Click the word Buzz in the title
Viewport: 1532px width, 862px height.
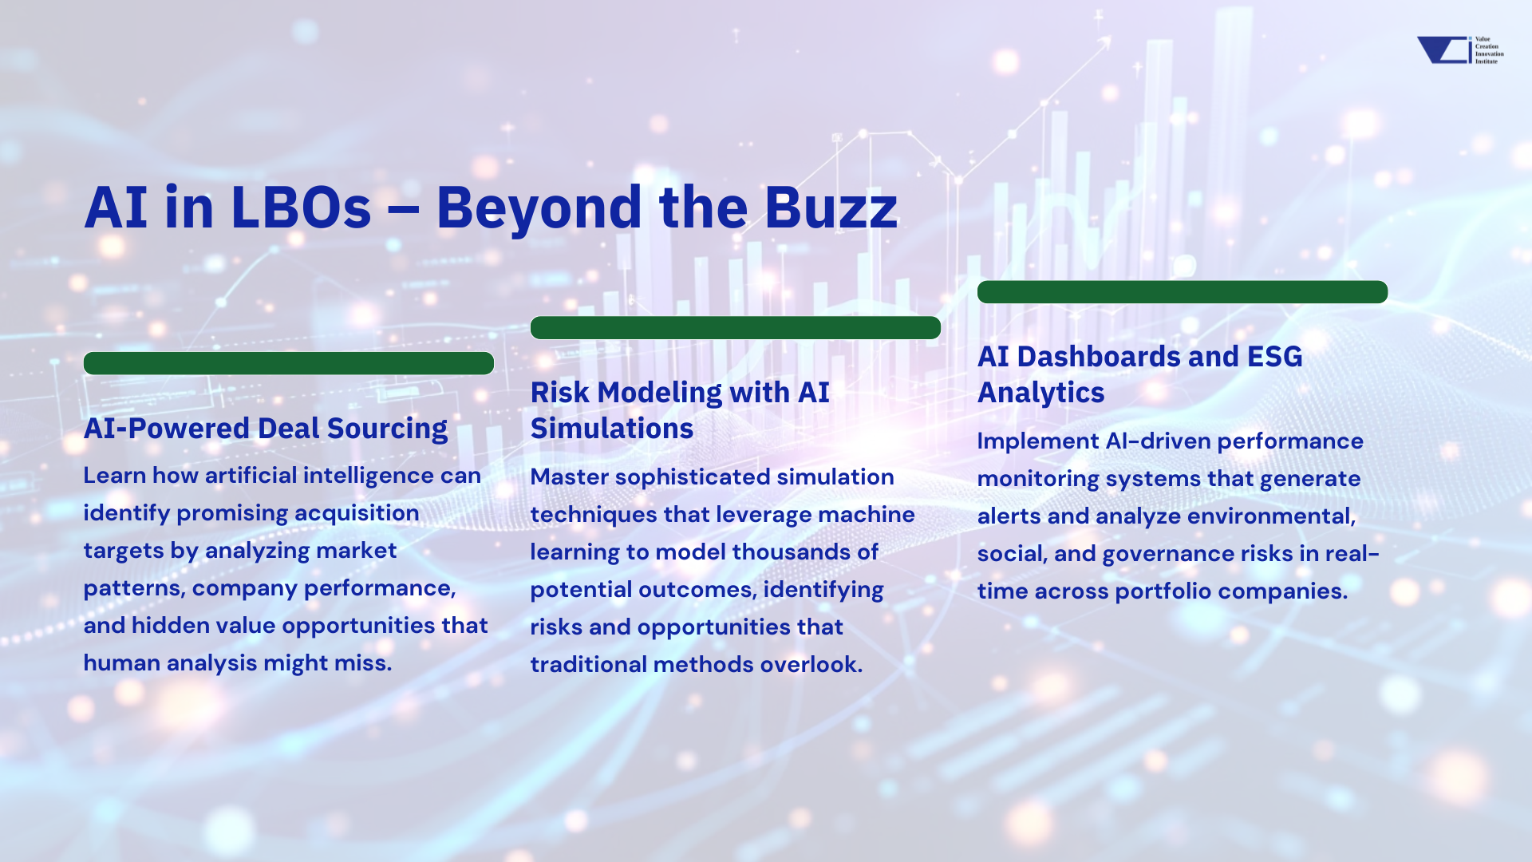(831, 208)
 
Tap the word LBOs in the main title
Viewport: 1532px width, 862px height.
(301, 208)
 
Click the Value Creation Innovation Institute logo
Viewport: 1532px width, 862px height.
(1460, 49)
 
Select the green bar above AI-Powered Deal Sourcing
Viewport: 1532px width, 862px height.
(289, 363)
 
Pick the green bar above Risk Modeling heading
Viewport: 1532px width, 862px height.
(736, 327)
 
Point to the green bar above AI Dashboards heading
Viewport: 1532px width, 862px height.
(1183, 291)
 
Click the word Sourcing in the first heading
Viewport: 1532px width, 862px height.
(387, 429)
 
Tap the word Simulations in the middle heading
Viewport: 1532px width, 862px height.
(612, 429)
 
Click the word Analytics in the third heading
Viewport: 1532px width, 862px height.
(1041, 393)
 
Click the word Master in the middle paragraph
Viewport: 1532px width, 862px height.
(569, 477)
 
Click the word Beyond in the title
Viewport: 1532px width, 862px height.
(539, 208)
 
